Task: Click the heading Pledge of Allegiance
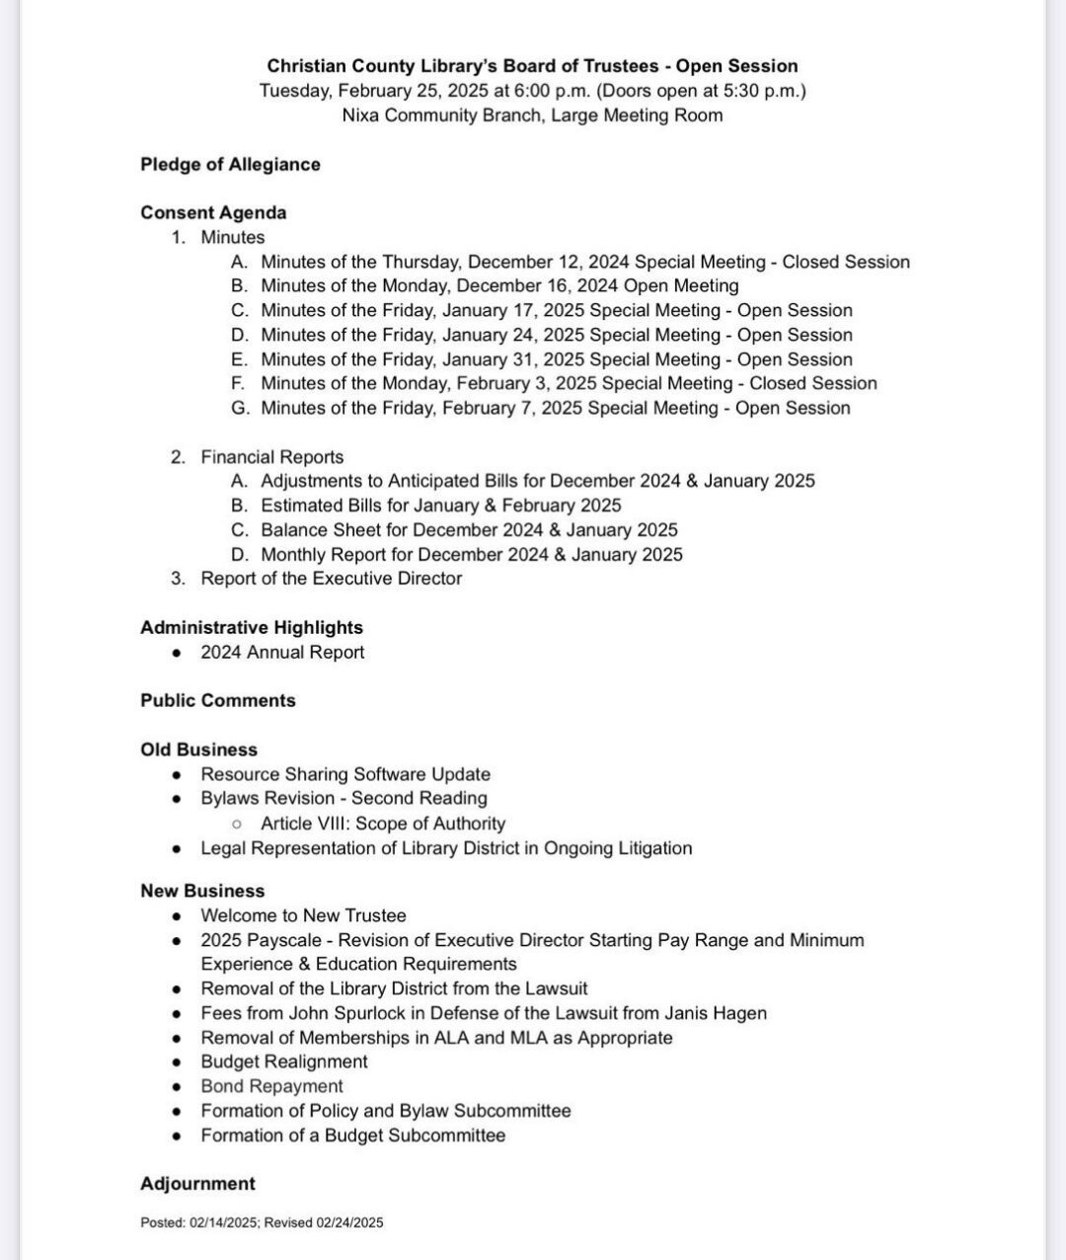coord(230,164)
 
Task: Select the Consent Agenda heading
coord(213,212)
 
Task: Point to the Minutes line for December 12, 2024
coord(584,262)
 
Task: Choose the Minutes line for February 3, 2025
coord(569,383)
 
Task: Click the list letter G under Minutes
coord(239,408)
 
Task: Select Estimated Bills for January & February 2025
coord(441,506)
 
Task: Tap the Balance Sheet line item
coord(469,530)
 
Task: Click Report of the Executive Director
coord(331,579)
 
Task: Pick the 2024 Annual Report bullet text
coord(282,652)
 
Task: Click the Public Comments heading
coord(218,700)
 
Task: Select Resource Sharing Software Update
coord(345,774)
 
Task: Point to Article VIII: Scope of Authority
coord(383,824)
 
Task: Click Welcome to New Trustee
coord(303,915)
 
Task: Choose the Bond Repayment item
coord(271,1086)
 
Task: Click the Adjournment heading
coord(197,1183)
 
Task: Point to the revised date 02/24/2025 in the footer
coord(349,1222)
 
